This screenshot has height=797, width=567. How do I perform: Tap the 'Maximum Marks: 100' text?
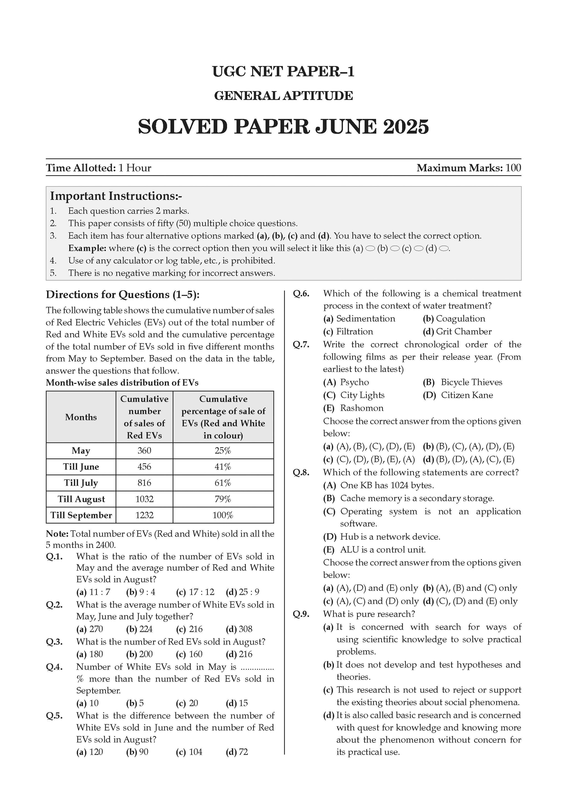[x=468, y=168]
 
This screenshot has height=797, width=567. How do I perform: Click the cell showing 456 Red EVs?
[x=144, y=467]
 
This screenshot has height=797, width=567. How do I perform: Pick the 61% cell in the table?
[x=223, y=483]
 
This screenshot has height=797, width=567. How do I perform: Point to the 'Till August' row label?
[x=81, y=499]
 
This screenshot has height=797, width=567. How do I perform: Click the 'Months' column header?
[x=81, y=417]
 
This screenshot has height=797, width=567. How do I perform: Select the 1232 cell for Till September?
[x=144, y=515]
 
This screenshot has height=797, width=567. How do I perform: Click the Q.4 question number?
[x=54, y=667]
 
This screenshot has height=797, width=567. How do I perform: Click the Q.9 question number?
[x=301, y=614]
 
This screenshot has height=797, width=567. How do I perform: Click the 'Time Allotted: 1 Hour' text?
[x=99, y=168]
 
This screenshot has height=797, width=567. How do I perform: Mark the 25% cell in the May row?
[x=223, y=451]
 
